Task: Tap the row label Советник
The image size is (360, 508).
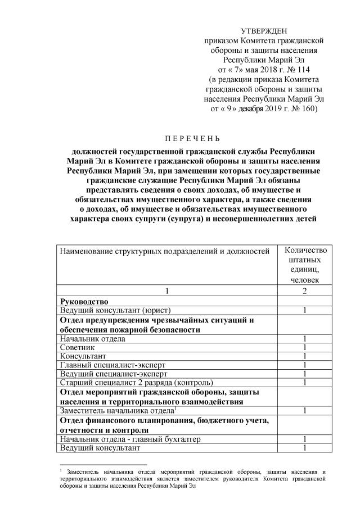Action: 78,348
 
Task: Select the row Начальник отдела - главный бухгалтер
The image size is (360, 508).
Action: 130,439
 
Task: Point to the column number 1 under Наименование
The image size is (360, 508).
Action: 166,291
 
